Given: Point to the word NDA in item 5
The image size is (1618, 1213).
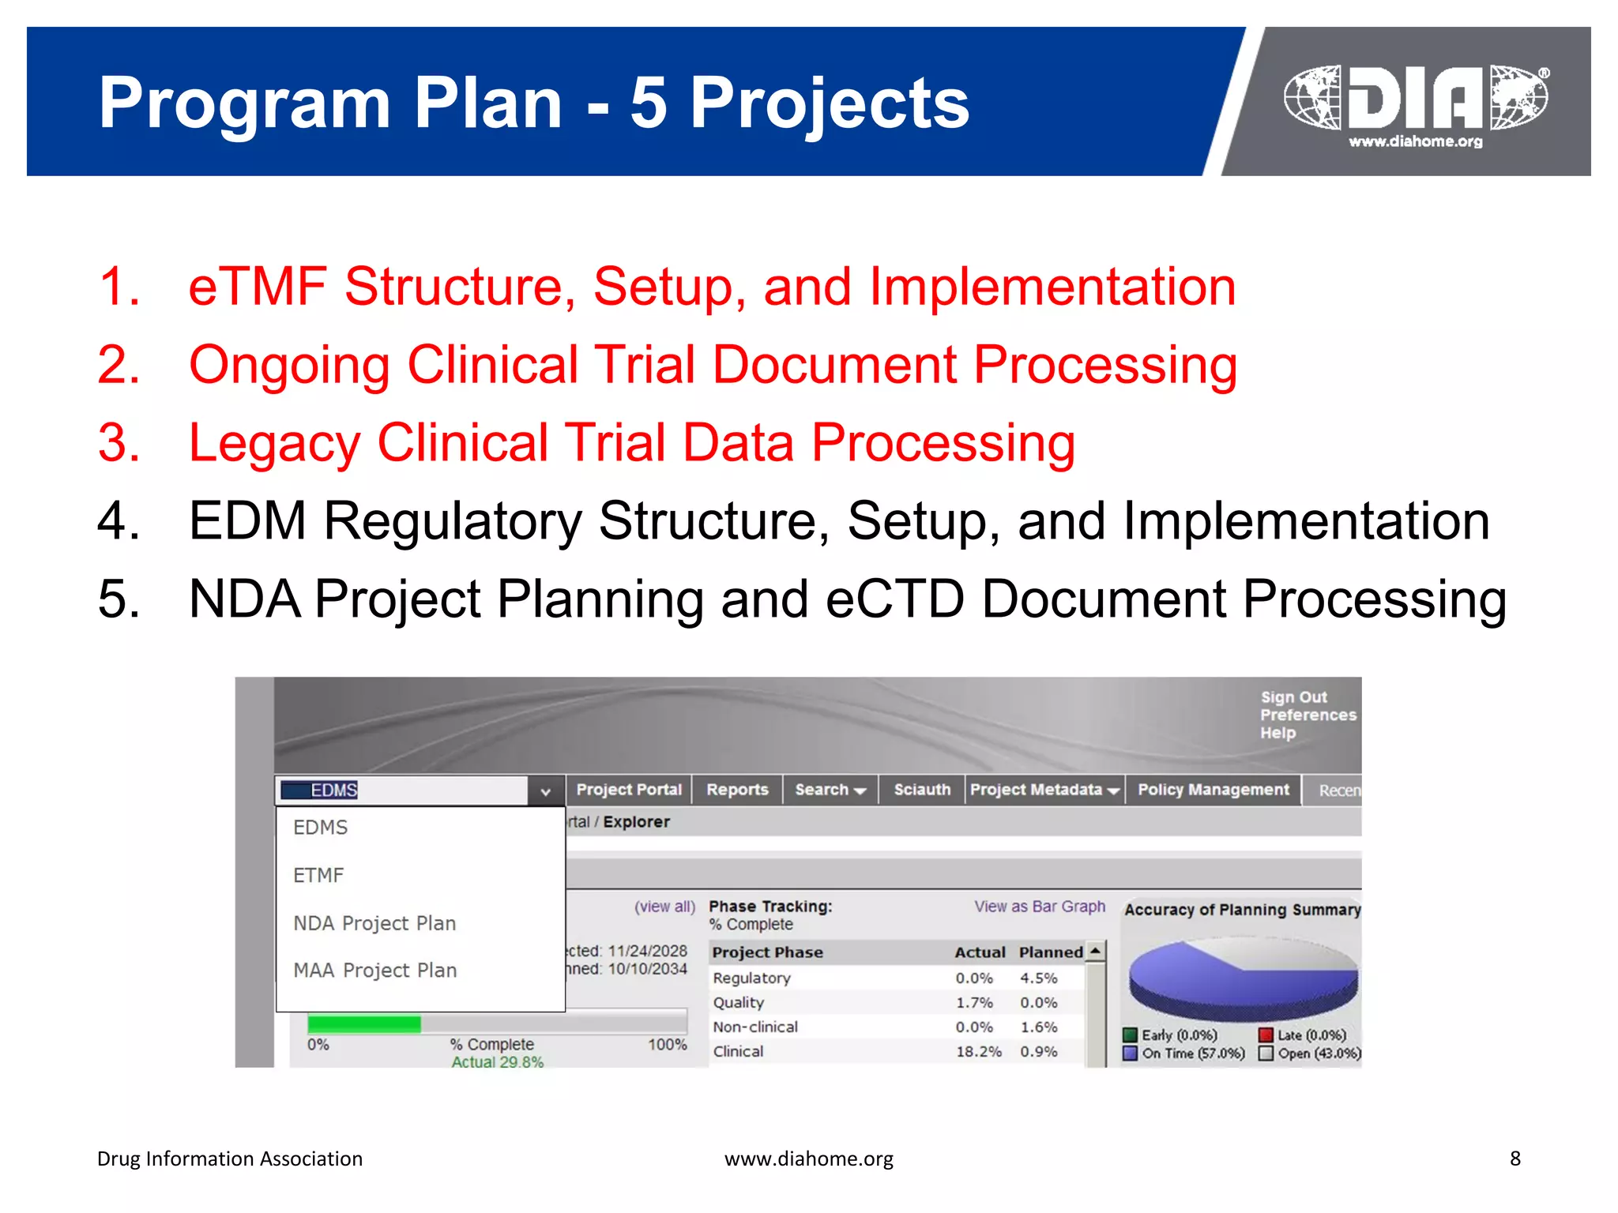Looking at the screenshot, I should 245,599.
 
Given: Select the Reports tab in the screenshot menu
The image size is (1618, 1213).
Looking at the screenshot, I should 736,790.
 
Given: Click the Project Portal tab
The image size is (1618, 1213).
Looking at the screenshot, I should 628,790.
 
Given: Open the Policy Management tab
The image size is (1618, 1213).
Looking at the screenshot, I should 1213,790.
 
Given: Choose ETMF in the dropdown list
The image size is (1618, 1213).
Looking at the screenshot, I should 318,875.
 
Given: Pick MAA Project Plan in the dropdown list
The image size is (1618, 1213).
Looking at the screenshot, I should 374,970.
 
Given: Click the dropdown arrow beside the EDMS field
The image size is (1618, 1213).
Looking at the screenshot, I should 545,791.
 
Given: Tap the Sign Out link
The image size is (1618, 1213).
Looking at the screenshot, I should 1293,697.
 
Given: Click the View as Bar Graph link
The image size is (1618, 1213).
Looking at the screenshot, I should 1039,907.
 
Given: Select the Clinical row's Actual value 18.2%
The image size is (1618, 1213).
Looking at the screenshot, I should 978,1051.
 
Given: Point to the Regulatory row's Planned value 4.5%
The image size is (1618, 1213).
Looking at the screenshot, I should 1038,978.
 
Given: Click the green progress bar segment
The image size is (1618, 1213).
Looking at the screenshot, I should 363,1024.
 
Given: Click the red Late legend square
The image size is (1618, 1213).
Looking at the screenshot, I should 1266,1035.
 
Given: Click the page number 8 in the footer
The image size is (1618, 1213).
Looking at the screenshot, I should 1515,1159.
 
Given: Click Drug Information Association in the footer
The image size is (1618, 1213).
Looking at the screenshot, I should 229,1159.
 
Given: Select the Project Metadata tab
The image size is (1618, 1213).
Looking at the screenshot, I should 1043,790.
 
